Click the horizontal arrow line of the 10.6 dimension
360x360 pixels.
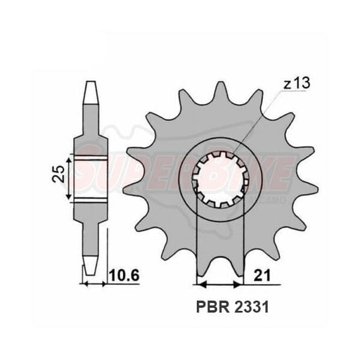[96, 284]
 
